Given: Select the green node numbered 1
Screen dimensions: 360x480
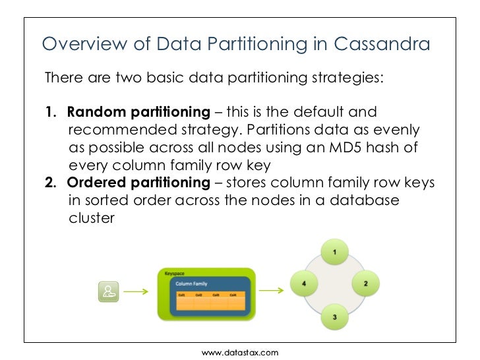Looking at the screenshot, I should [x=335, y=252].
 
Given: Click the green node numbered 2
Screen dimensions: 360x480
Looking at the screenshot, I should [x=365, y=284].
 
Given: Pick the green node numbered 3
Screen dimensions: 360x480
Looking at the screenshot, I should [x=335, y=317].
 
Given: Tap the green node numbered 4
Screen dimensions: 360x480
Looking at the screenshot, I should [x=304, y=284].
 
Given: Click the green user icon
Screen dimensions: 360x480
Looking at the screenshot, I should [x=109, y=292].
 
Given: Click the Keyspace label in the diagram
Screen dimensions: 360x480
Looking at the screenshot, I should [x=175, y=272].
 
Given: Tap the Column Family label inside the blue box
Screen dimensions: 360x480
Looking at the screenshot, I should [x=191, y=284].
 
